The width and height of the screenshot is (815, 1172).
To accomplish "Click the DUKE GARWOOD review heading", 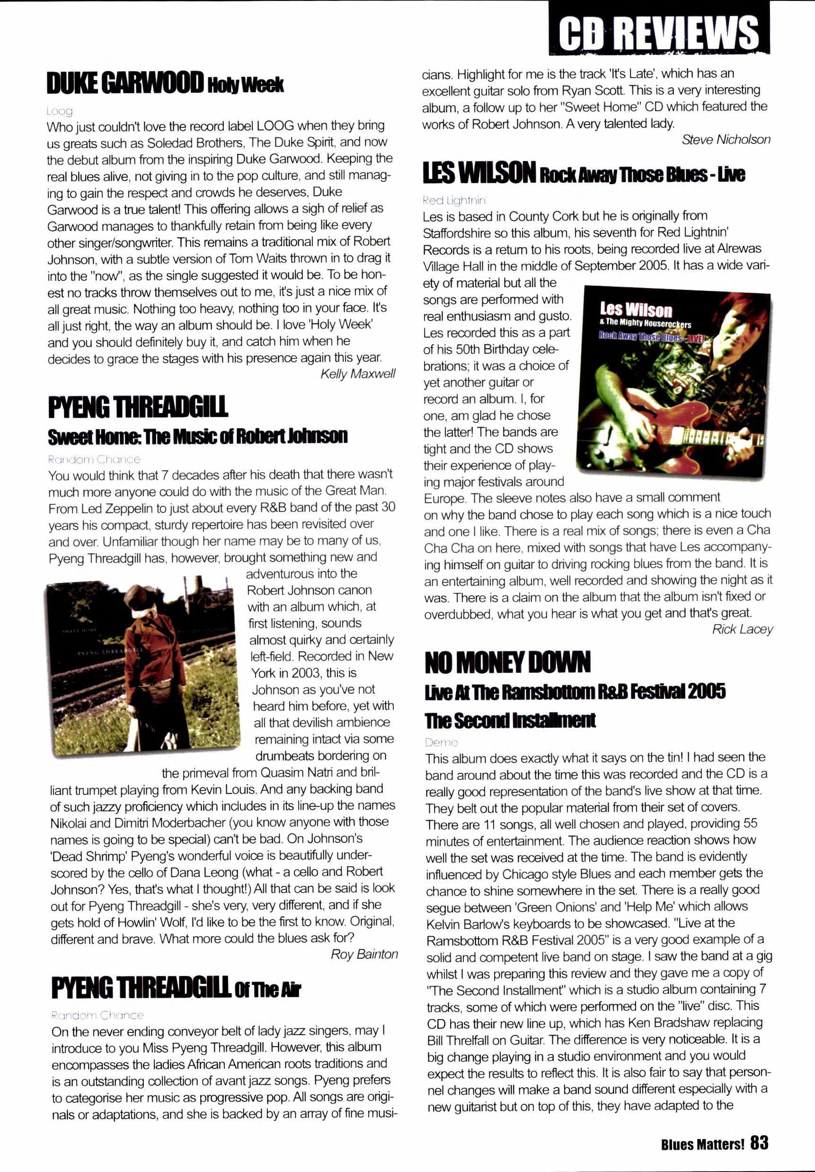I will tap(165, 84).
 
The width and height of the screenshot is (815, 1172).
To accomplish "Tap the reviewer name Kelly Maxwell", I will tap(358, 374).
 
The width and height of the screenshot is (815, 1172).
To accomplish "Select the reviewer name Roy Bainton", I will tap(364, 954).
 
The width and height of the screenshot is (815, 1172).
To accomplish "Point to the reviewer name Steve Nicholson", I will tap(726, 139).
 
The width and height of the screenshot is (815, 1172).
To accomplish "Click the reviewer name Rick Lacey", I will tap(742, 629).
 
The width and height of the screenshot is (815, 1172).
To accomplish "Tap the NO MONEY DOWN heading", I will tap(507, 662).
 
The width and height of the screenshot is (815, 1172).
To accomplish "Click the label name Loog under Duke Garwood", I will tap(60, 111).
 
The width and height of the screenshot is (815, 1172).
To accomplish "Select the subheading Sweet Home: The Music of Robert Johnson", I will tap(197, 437).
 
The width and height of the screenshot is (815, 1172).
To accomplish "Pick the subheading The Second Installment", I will tap(510, 720).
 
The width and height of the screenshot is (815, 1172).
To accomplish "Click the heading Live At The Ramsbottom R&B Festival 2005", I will tap(575, 692).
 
